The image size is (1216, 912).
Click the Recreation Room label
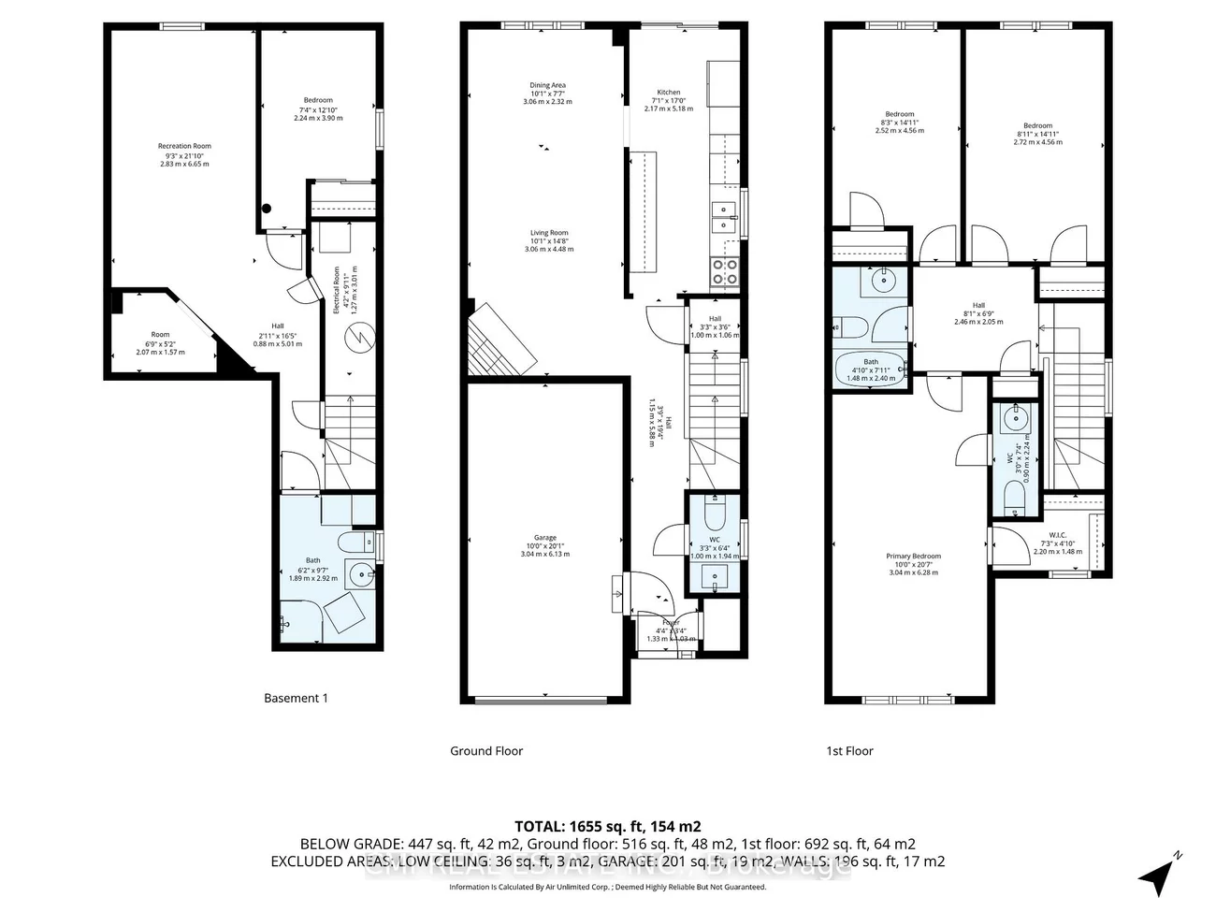(184, 146)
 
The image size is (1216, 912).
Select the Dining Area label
(548, 86)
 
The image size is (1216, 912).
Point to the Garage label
(545, 538)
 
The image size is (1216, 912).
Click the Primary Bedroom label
(914, 557)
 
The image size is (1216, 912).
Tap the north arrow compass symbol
(1159, 872)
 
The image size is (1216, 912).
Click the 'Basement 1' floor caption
(296, 698)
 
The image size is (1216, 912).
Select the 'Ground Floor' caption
(486, 751)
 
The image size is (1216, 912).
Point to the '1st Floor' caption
(849, 751)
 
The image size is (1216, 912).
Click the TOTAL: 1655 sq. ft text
(608, 826)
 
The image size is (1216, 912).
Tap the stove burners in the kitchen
(725, 271)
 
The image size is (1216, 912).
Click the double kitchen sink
(723, 217)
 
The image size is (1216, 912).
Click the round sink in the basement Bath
(359, 572)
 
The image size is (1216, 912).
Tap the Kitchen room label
(669, 93)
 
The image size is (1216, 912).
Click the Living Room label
(549, 234)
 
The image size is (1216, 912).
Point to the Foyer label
(671, 622)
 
